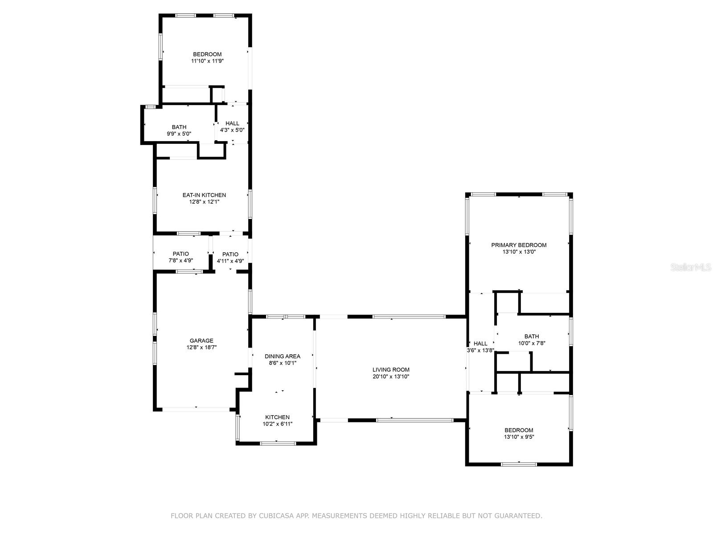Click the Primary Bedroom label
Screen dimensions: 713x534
pyautogui.click(x=518, y=245)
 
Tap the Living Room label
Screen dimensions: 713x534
pyautogui.click(x=391, y=370)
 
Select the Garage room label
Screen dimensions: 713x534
pyautogui.click(x=201, y=340)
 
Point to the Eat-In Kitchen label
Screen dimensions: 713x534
pyautogui.click(x=204, y=195)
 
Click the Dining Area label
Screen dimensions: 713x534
pyautogui.click(x=282, y=356)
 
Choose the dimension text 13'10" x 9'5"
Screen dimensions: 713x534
pyautogui.click(x=519, y=437)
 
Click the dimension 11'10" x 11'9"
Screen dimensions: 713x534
pyautogui.click(x=207, y=61)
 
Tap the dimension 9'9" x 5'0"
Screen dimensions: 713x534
pyautogui.click(x=179, y=133)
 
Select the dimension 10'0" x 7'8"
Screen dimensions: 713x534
pyautogui.click(x=532, y=343)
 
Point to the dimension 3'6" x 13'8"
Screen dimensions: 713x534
pyautogui.click(x=480, y=350)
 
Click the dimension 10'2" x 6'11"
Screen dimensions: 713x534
pyautogui.click(x=278, y=424)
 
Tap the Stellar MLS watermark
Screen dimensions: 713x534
pyautogui.click(x=691, y=267)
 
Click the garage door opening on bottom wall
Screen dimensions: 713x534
pyautogui.click(x=196, y=409)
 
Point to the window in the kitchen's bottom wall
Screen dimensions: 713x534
pyautogui.click(x=278, y=443)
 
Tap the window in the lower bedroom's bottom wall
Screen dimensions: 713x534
pyautogui.click(x=519, y=464)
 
